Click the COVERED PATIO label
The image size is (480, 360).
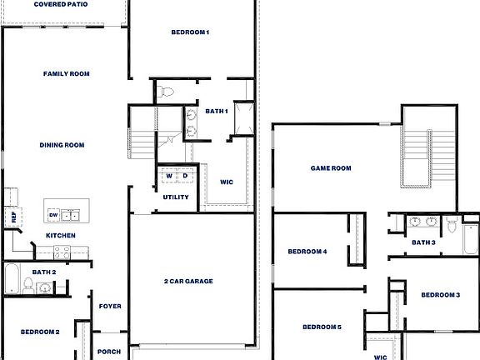(x=62, y=4)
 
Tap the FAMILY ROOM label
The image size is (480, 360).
(x=67, y=74)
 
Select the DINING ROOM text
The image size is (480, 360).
(x=62, y=145)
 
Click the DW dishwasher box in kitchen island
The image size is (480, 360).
(x=53, y=215)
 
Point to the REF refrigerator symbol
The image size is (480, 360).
(x=13, y=217)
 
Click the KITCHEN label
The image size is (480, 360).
(x=61, y=236)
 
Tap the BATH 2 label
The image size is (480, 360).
(x=44, y=272)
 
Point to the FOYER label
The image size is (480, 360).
(x=110, y=306)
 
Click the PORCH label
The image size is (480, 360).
(x=109, y=352)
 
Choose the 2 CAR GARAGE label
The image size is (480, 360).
(x=188, y=282)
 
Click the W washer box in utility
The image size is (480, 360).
(x=168, y=177)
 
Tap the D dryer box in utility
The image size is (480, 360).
(x=185, y=177)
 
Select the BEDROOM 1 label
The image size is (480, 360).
(x=190, y=32)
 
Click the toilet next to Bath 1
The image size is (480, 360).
(x=164, y=92)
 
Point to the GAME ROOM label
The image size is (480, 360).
(x=331, y=168)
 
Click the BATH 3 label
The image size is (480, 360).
(x=423, y=242)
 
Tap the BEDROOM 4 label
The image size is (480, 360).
(x=307, y=252)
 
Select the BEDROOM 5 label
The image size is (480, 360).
(x=322, y=327)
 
